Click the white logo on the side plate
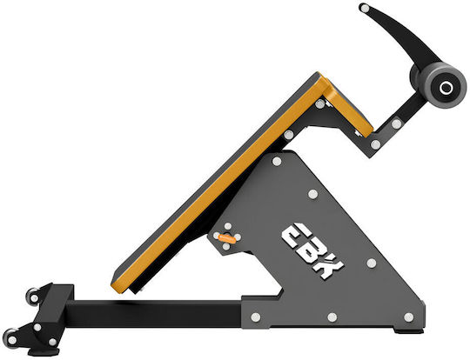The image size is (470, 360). [x=312, y=250]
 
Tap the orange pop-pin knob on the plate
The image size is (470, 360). [x=227, y=238]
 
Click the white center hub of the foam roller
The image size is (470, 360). [x=446, y=88]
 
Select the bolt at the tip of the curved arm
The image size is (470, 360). [x=365, y=8]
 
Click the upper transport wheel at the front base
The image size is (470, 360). [x=32, y=297]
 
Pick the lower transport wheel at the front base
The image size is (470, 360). [x=10, y=339]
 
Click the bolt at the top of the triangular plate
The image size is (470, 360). [x=277, y=162]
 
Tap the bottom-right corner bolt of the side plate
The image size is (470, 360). [x=408, y=317]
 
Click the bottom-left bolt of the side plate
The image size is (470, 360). [x=255, y=317]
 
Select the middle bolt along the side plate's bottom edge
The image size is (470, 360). [x=332, y=317]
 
